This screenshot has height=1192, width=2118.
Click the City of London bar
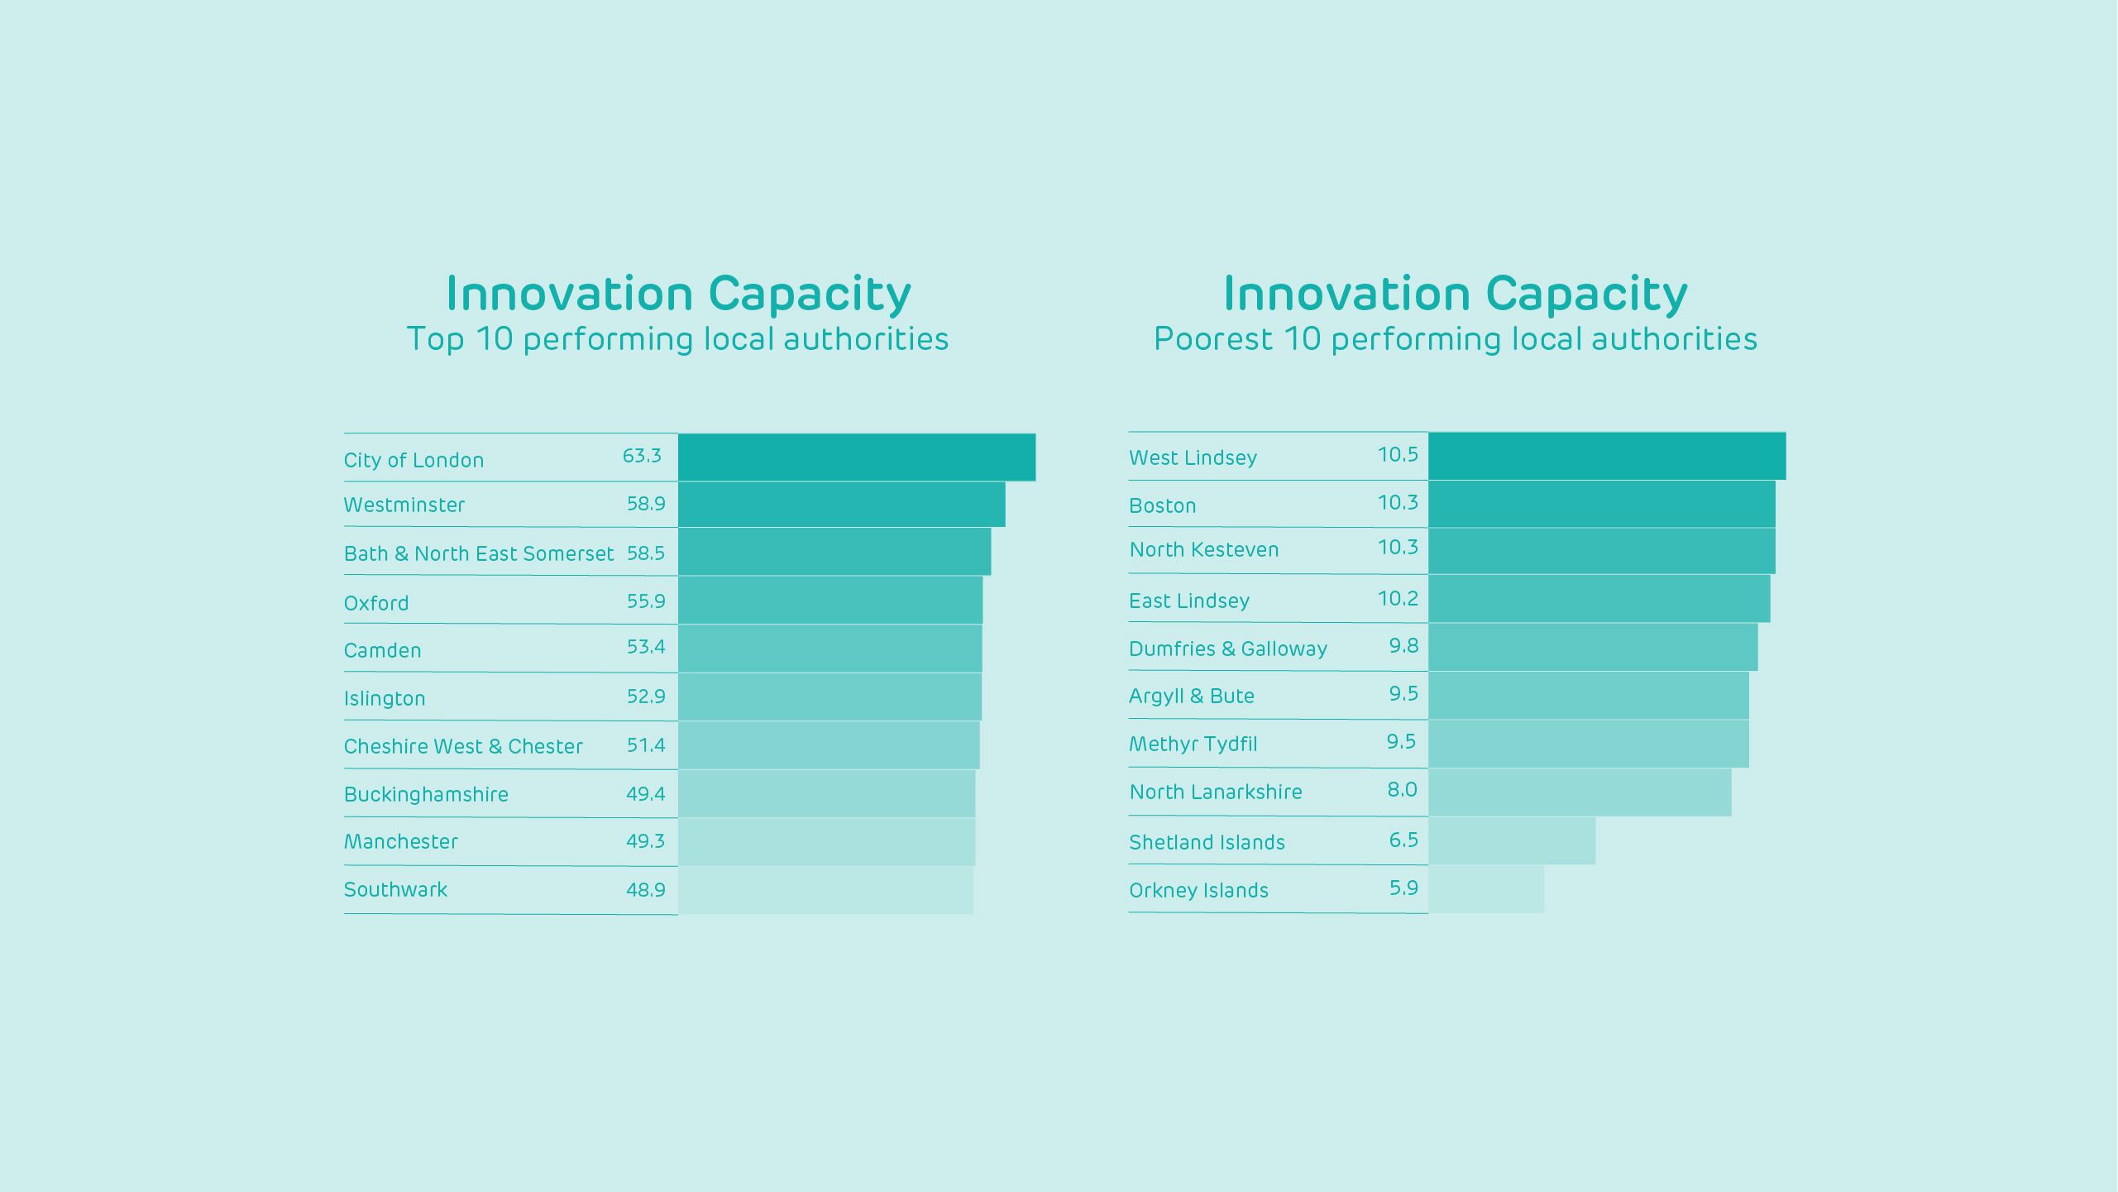tap(856, 457)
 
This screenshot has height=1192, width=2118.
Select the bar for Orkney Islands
tap(1485, 889)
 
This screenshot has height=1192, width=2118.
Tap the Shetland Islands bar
tap(1511, 841)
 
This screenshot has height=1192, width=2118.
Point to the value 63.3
tap(642, 456)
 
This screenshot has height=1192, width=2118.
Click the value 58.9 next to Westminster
tap(646, 504)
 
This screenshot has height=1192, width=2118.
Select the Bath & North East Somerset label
tap(479, 553)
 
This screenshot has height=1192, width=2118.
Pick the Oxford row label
tap(376, 603)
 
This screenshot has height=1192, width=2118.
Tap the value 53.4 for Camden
tap(646, 647)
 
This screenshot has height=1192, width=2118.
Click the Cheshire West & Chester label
tap(463, 746)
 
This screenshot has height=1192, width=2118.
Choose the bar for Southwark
tap(825, 890)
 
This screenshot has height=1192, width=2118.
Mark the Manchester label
tap(401, 841)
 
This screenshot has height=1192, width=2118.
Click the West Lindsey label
tap(1193, 457)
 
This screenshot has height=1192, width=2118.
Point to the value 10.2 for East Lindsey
tap(1398, 599)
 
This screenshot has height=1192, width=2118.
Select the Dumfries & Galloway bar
tap(1592, 647)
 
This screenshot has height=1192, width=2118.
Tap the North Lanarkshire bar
tap(1579, 792)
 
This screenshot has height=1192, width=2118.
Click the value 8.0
tap(1402, 790)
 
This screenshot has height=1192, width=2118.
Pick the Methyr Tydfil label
tap(1193, 744)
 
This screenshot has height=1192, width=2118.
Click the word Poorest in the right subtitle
tap(1213, 339)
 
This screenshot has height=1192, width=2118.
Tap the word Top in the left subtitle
tap(435, 339)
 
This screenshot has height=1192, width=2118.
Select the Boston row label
tap(1162, 505)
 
